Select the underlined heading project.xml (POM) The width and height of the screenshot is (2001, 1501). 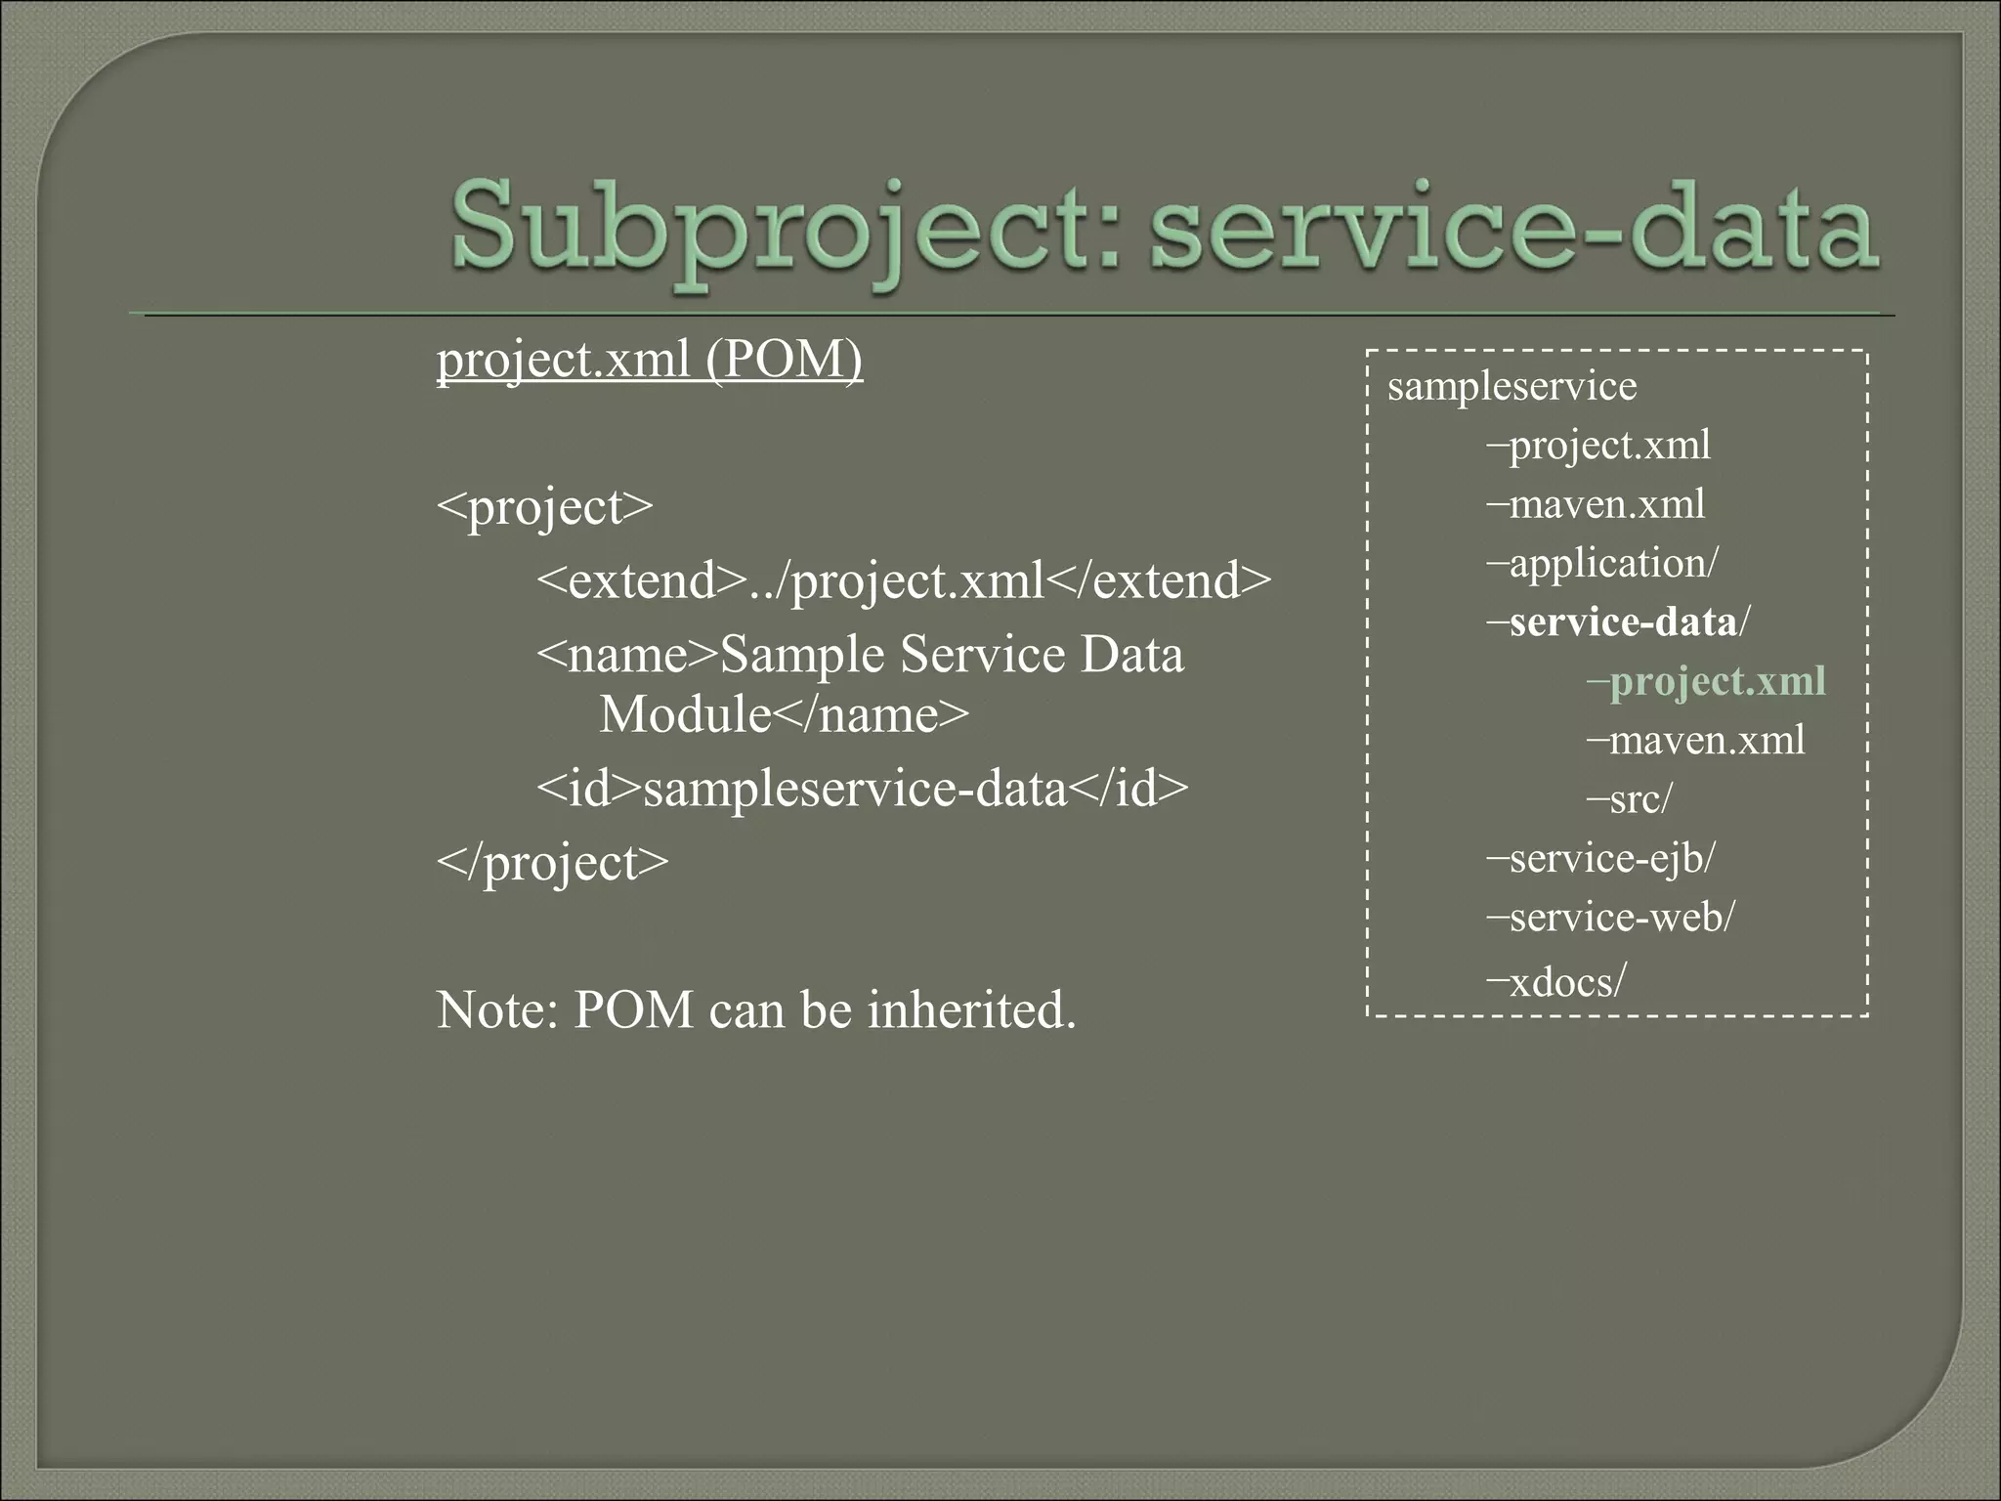pyautogui.click(x=650, y=361)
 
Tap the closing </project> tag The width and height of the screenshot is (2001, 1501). pyautogui.click(x=552, y=863)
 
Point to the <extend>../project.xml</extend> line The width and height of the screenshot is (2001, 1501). pyautogui.click(x=904, y=581)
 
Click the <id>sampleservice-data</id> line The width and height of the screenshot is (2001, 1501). pyautogui.click(x=862, y=789)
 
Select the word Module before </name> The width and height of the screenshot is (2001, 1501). pyautogui.click(x=685, y=715)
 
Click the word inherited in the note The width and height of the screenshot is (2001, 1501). pyautogui.click(x=971, y=1010)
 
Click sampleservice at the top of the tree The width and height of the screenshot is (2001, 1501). pyautogui.click(x=1511, y=387)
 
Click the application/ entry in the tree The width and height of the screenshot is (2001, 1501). pyautogui.click(x=1612, y=564)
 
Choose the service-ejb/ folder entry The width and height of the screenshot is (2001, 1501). pyautogui.click(x=1611, y=859)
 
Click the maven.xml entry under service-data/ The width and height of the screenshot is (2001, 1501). pyautogui.click(x=1706, y=741)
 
